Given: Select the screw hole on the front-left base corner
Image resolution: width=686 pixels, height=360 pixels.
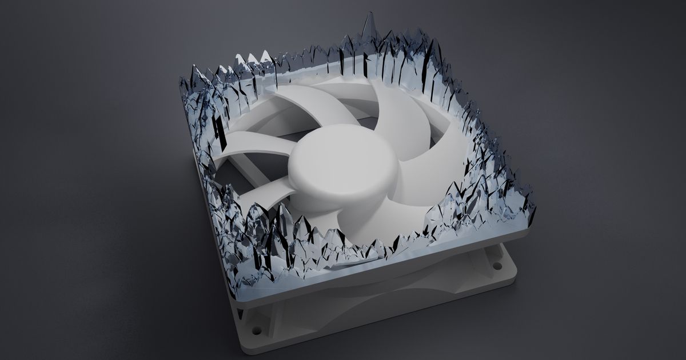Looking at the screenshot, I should (254, 330).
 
